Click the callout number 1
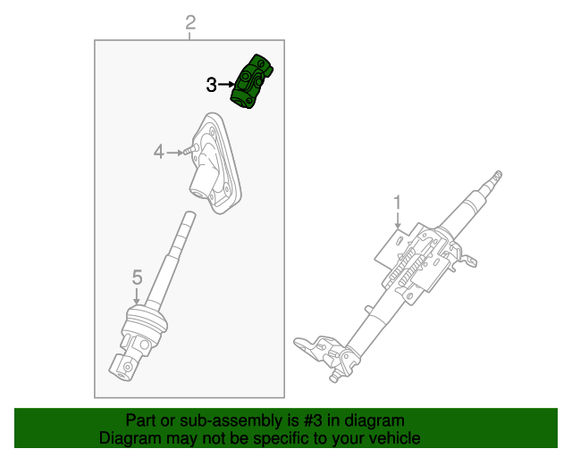pyautogui.click(x=399, y=203)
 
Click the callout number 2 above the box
pyautogui.click(x=189, y=23)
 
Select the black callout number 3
pyautogui.click(x=211, y=86)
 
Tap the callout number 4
pyautogui.click(x=158, y=153)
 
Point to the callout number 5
pyautogui.click(x=137, y=278)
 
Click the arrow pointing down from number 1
pyautogui.click(x=399, y=222)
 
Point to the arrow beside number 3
pyautogui.click(x=226, y=86)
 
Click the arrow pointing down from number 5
pyautogui.click(x=137, y=299)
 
